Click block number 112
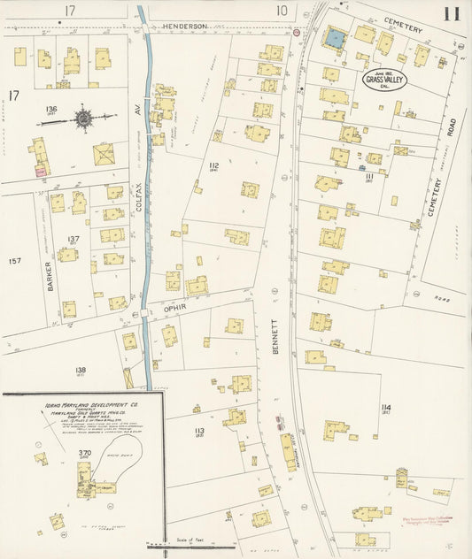pos(213,166)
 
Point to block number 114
pos(386,408)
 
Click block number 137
pos(74,240)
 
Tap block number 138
pos(81,370)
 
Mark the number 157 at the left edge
pos(13,261)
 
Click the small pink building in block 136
pos(39,171)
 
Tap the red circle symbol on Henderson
pos(297,33)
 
